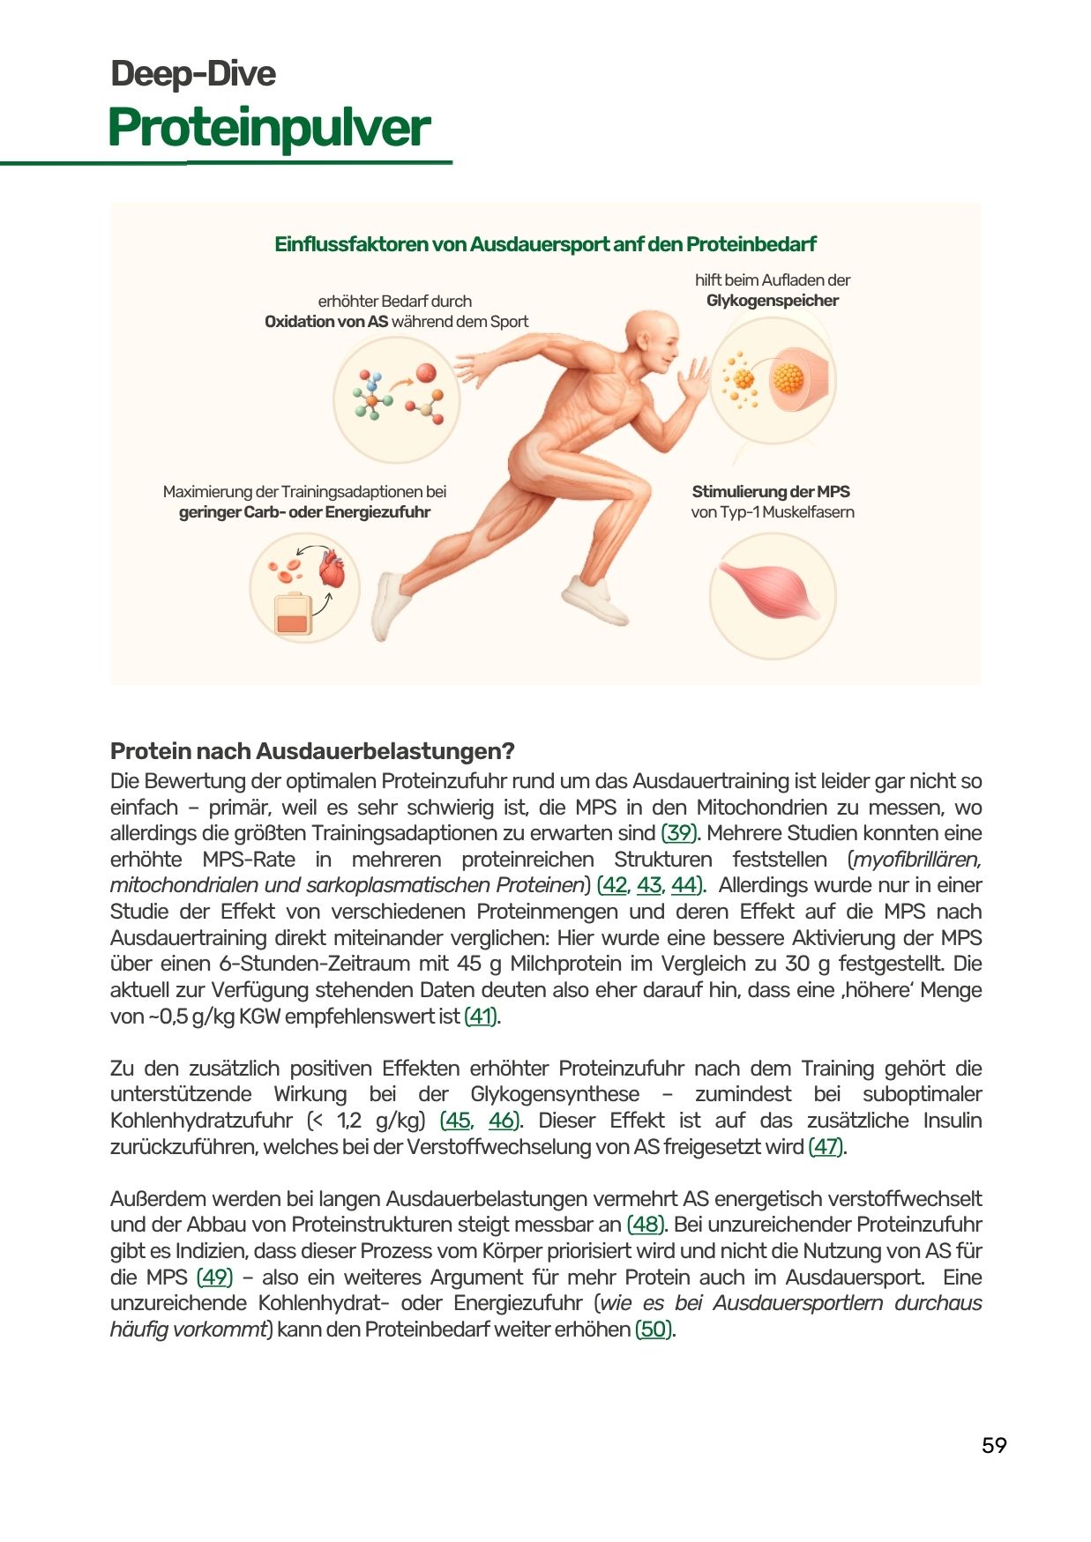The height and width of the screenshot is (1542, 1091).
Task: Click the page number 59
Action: pyautogui.click(x=993, y=1445)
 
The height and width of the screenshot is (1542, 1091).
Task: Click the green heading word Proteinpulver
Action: pyautogui.click(x=269, y=129)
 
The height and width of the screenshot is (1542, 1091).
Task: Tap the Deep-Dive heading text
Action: pyautogui.click(x=193, y=74)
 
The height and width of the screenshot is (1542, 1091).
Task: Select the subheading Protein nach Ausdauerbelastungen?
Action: pyautogui.click(x=312, y=751)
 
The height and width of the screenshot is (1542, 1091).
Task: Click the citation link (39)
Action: pyautogui.click(x=679, y=833)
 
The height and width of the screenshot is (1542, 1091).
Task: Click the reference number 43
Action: pyautogui.click(x=649, y=885)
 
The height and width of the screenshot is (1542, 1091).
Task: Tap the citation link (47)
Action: pyautogui.click(x=826, y=1147)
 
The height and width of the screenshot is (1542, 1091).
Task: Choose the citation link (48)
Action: pyautogui.click(x=645, y=1225)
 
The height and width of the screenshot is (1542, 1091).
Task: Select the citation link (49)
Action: pyautogui.click(x=214, y=1278)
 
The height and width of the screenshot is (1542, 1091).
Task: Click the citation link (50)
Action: pyautogui.click(x=654, y=1330)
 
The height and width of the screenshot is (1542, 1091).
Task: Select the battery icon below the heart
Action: pyautogui.click(x=294, y=615)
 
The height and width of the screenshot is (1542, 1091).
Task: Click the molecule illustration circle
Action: pyautogui.click(x=397, y=399)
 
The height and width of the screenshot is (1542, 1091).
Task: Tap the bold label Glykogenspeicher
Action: pyautogui.click(x=772, y=301)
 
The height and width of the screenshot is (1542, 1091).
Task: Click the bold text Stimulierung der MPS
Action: pyautogui.click(x=770, y=492)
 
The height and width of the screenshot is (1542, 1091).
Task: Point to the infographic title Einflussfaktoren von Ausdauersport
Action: pyautogui.click(x=545, y=244)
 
